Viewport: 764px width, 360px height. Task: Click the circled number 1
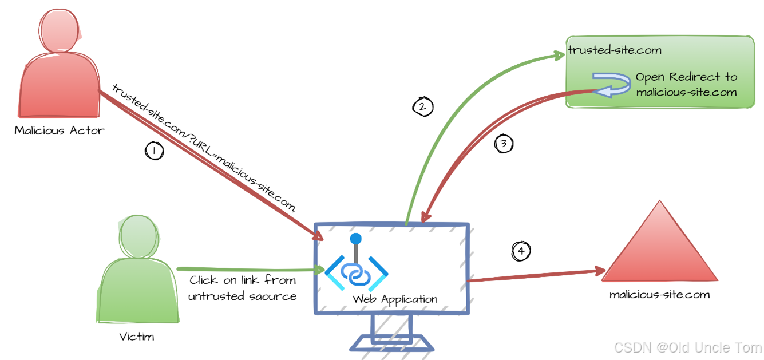click(153, 151)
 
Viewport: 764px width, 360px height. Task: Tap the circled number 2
click(423, 106)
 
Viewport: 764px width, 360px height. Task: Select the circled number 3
click(504, 144)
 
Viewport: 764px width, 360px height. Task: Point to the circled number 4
click(521, 251)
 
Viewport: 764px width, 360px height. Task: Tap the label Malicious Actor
click(60, 130)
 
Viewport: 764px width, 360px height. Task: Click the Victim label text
click(137, 337)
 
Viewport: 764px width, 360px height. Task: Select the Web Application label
click(395, 299)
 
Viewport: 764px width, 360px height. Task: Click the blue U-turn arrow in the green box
click(612, 85)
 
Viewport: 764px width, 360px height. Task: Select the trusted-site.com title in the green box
click(607, 50)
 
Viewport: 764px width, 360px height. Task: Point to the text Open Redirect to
click(686, 77)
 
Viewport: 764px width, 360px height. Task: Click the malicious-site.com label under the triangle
click(659, 295)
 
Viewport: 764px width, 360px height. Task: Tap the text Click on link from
click(243, 280)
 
